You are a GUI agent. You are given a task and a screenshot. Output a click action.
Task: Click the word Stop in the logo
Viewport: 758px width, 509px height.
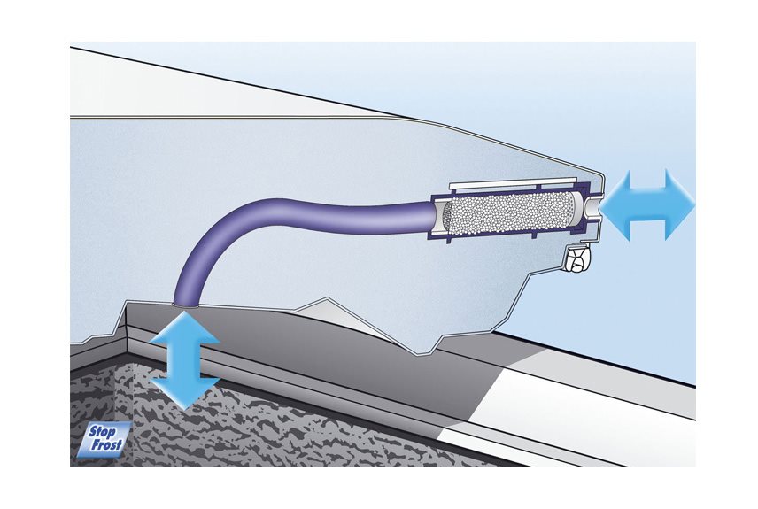[x=103, y=432]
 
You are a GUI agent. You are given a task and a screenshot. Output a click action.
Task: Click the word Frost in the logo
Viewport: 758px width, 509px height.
[x=107, y=445]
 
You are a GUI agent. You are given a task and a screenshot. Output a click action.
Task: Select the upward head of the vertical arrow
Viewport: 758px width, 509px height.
[x=184, y=328]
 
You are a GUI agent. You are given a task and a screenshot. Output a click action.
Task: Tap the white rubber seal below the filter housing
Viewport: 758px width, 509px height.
[x=578, y=258]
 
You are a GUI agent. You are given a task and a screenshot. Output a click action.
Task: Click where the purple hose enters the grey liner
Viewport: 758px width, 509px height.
[x=185, y=305]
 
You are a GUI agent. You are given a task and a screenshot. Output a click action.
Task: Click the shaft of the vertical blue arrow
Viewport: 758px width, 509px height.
[x=184, y=360]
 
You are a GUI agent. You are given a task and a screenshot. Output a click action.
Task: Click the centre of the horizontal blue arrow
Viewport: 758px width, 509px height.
[x=648, y=204]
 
